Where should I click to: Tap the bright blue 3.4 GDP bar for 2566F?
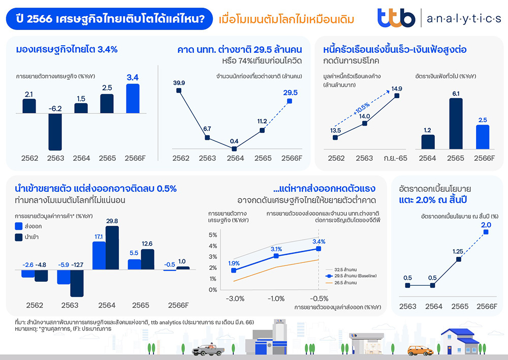tap(133, 98)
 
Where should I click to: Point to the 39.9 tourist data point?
tap(179, 91)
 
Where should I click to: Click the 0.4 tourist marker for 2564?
tap(234, 149)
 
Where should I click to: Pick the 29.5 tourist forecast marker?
tap(290, 101)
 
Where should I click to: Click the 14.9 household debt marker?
tap(393, 97)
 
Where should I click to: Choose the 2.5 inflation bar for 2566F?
tap(483, 137)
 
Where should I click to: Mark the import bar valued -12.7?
tap(76, 283)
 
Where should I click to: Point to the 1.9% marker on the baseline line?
tap(233, 271)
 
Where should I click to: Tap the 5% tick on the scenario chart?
tap(214, 235)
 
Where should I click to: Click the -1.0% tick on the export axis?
tap(276, 298)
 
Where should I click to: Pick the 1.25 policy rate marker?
tap(459, 259)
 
